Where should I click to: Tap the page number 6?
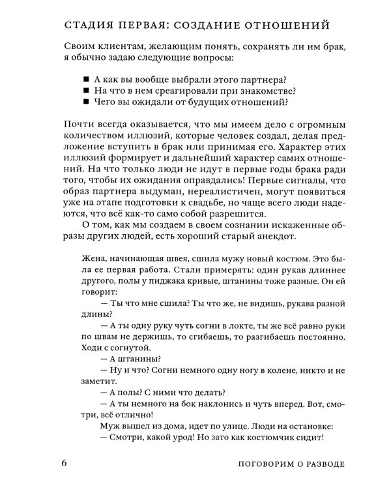63,464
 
